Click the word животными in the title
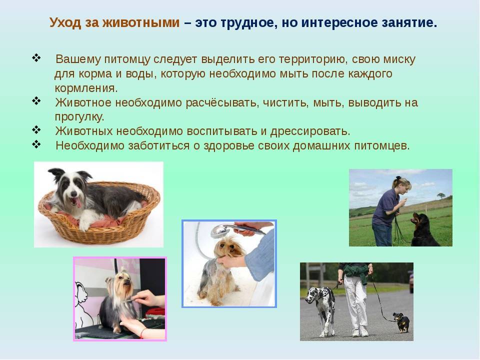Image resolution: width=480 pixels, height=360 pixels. [x=141, y=22]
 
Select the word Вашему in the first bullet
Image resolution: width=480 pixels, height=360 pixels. [x=78, y=59]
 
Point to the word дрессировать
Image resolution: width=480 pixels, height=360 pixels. [x=310, y=131]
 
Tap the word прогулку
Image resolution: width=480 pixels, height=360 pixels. [x=79, y=117]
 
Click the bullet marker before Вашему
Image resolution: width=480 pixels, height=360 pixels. [x=36, y=58]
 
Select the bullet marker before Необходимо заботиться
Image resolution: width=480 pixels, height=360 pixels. [x=36, y=144]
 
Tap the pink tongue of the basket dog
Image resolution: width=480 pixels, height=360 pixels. [x=76, y=202]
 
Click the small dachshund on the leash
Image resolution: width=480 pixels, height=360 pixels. [x=402, y=322]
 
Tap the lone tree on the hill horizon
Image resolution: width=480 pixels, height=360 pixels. [x=441, y=195]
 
